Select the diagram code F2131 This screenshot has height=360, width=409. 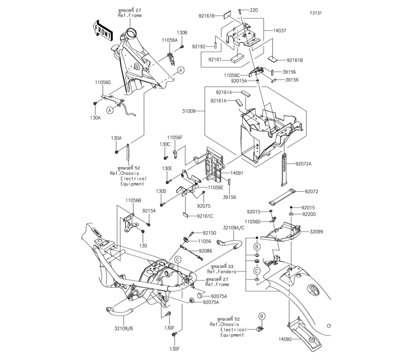pos(315,13)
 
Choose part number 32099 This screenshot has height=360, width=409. pos(316,232)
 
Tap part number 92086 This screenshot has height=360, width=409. pos(206,250)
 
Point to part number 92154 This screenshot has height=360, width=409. pos(149,211)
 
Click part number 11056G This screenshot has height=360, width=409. pos(103,82)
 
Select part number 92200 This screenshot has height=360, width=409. pos(310,214)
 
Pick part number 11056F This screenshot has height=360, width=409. pos(175,137)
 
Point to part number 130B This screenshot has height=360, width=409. pos(182,32)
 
